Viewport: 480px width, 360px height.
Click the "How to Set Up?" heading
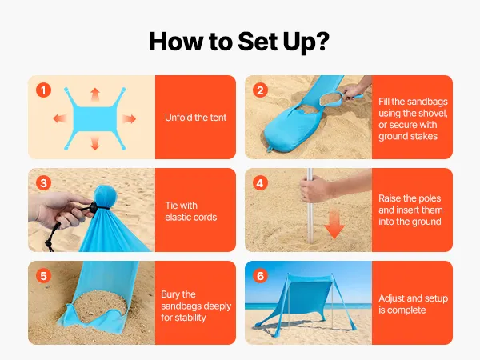[239, 42]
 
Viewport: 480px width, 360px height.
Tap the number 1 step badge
[43, 90]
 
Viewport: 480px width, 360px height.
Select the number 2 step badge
[260, 90]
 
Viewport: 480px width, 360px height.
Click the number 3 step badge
[43, 183]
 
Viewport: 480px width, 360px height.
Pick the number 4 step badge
[260, 183]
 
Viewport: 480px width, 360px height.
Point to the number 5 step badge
[43, 276]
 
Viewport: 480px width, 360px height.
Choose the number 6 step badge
[260, 276]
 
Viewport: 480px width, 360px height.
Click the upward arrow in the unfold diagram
[95, 95]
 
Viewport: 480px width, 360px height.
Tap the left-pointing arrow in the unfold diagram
[60, 118]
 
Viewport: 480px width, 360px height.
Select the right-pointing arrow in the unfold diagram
[129, 118]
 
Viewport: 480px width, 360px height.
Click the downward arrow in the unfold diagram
[95, 143]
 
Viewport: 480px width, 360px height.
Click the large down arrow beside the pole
[334, 224]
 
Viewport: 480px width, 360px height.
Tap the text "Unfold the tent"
[196, 118]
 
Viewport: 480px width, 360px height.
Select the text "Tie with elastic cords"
[190, 211]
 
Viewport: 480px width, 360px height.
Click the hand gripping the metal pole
[315, 189]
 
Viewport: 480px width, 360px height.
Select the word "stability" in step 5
[190, 318]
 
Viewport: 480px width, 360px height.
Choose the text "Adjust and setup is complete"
[413, 304]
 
